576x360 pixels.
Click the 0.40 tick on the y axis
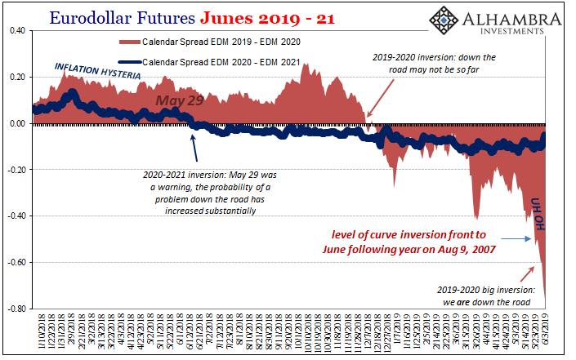coord(16,31)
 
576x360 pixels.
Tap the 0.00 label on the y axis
coord(16,124)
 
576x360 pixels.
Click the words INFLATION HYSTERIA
coord(98,71)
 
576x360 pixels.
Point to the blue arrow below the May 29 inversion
coord(193,148)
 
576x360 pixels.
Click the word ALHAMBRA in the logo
coord(502,19)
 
